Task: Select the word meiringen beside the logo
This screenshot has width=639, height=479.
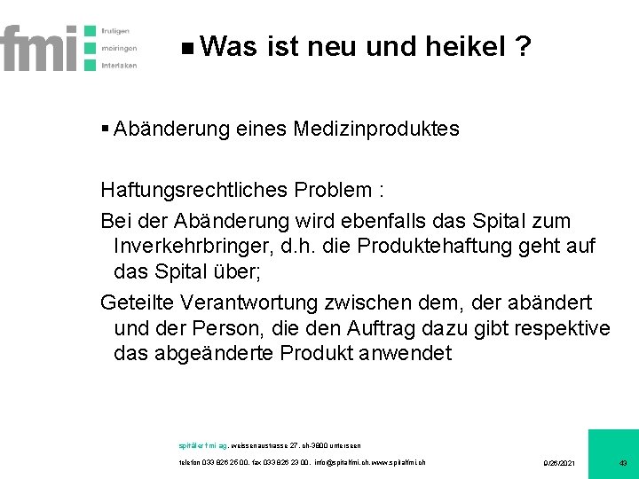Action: coord(119,48)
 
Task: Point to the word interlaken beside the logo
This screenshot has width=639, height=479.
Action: coord(119,66)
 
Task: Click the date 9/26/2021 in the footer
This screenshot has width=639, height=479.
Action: coord(559,463)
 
